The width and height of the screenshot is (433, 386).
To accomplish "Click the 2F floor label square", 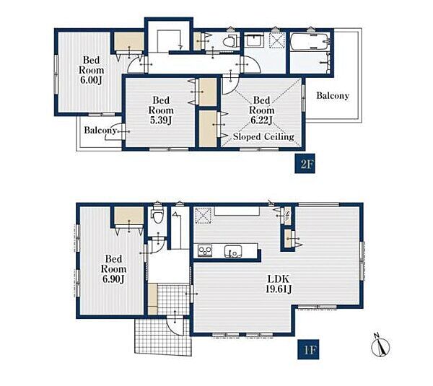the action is (305, 165).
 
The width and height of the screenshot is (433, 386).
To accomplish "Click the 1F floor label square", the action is (308, 349).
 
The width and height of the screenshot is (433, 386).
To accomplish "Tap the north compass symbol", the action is (380, 346).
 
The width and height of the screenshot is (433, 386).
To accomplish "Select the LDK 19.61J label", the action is (279, 284).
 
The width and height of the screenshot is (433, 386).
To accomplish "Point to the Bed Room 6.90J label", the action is (113, 269).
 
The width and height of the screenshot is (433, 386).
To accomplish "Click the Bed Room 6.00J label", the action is (92, 70).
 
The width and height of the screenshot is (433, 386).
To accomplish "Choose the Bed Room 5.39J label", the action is (161, 110).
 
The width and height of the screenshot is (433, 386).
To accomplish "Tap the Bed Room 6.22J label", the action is (261, 110).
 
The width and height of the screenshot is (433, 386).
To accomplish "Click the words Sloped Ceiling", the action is (263, 136).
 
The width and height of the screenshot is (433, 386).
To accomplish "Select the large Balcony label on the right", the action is (333, 95).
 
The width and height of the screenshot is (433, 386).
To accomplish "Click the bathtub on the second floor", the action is (310, 41).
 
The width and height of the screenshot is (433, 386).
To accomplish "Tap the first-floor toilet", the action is (157, 214).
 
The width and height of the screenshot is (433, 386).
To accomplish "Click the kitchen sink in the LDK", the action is (233, 251).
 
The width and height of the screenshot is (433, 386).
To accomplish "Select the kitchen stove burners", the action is (205, 251).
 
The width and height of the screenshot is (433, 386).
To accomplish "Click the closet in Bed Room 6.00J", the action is (129, 41).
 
